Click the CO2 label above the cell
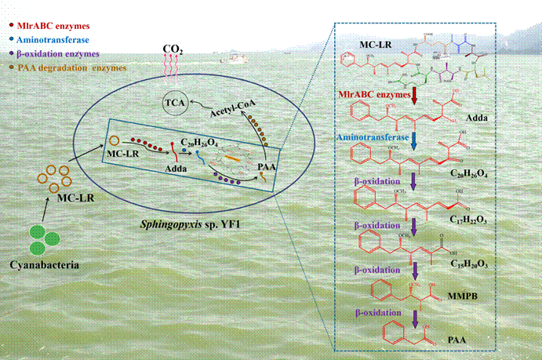[173, 49]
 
